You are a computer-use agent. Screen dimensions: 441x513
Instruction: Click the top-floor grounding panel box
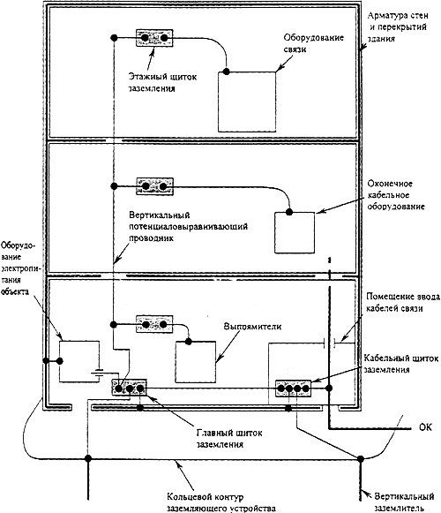click(x=154, y=38)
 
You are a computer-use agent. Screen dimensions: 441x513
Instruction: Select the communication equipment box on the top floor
click(x=247, y=102)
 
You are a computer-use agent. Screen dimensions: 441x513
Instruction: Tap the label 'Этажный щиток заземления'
click(x=162, y=82)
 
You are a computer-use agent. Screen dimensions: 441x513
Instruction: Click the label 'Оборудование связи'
click(x=313, y=43)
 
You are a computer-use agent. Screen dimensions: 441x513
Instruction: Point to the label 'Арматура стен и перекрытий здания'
click(x=398, y=26)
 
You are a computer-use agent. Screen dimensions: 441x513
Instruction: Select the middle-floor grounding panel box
click(x=154, y=186)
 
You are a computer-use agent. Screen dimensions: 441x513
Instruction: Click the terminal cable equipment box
click(x=295, y=232)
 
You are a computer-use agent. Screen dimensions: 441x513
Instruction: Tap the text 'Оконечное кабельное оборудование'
click(x=396, y=195)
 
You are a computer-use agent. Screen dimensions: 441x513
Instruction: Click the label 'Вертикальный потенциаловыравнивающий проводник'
click(x=188, y=226)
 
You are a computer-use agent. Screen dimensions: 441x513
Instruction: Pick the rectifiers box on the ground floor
click(x=196, y=362)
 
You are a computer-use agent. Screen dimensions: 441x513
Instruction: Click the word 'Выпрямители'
click(x=252, y=326)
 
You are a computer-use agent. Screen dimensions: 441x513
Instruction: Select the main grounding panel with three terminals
click(x=129, y=388)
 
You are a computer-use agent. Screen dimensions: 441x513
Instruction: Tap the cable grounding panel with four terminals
click(x=293, y=389)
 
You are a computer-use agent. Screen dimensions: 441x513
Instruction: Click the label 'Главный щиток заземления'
click(x=229, y=439)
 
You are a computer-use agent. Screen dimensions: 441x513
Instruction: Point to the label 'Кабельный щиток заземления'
click(x=400, y=364)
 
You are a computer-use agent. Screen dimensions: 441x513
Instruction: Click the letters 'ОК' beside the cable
click(x=425, y=427)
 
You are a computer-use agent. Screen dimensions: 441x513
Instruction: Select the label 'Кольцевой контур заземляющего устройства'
click(x=221, y=502)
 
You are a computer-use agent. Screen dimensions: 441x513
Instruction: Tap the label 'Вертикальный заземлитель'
click(x=404, y=502)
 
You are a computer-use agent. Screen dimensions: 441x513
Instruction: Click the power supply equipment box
click(x=79, y=361)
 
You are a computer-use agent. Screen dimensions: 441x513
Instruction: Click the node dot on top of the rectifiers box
click(x=189, y=342)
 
